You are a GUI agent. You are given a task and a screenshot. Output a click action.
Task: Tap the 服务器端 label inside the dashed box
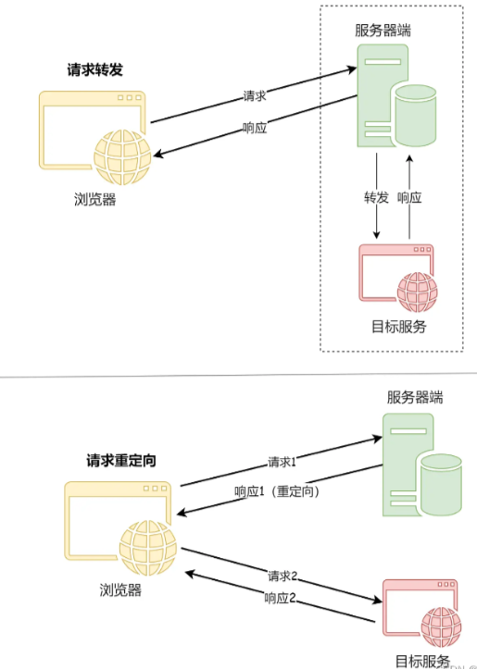pos(383,31)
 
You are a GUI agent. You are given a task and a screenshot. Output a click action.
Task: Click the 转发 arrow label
pos(375,197)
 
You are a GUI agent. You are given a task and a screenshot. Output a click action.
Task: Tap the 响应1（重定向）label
pos(277,491)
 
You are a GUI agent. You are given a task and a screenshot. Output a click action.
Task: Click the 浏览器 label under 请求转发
pos(95,199)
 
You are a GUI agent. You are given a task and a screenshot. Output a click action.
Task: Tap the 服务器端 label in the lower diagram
pos(415,398)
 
